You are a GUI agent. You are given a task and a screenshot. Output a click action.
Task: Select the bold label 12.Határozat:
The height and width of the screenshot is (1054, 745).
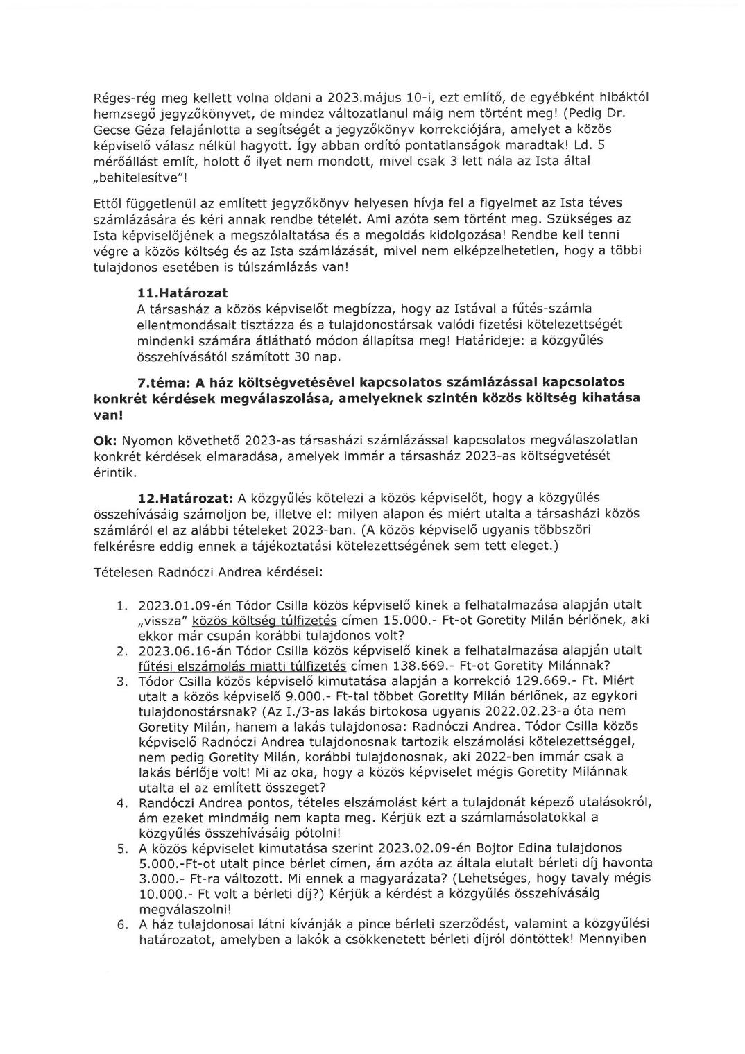tap(185, 498)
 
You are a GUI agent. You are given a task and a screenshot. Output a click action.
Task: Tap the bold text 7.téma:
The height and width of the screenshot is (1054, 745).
tap(162, 382)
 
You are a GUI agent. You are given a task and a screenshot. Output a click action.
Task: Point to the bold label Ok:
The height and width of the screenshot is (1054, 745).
tap(105, 440)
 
